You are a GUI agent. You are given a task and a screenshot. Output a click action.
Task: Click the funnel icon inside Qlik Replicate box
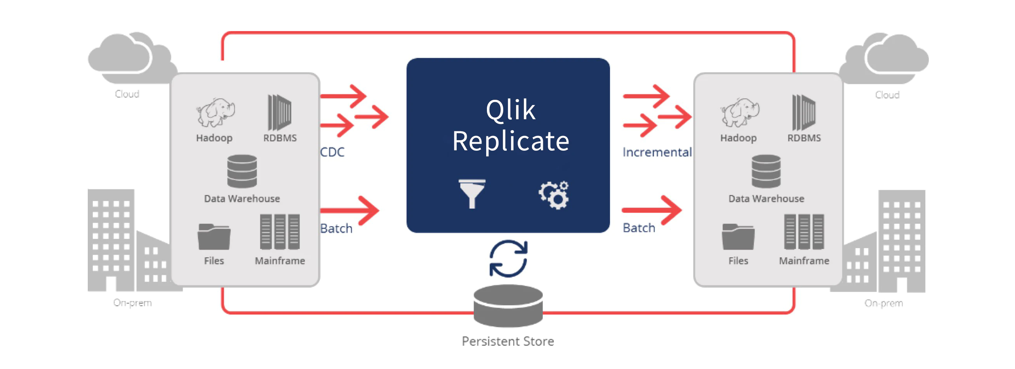click(x=472, y=193)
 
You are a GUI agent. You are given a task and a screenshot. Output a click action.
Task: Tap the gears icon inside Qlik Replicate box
click(x=554, y=195)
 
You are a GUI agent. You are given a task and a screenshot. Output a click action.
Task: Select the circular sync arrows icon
click(x=508, y=259)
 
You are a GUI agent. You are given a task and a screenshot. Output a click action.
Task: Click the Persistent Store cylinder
click(x=508, y=306)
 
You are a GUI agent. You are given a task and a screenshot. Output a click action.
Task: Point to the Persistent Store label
click(x=508, y=341)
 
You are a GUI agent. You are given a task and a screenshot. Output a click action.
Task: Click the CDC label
click(x=332, y=152)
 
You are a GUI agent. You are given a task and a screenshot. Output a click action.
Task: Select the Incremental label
click(x=657, y=152)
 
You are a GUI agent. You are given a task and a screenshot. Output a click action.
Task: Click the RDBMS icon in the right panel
click(x=804, y=112)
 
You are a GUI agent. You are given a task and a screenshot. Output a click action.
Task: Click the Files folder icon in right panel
click(x=738, y=237)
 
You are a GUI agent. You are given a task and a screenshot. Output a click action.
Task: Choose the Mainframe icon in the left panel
click(x=280, y=232)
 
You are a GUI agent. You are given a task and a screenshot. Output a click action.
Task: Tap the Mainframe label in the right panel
click(x=804, y=261)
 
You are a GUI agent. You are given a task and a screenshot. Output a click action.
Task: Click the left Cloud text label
click(x=127, y=94)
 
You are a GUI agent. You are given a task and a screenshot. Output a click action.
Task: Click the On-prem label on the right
click(x=884, y=303)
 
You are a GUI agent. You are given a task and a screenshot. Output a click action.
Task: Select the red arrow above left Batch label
click(x=350, y=211)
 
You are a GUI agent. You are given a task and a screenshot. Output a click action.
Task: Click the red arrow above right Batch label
click(x=652, y=210)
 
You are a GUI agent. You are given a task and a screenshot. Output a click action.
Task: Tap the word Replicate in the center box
click(x=511, y=141)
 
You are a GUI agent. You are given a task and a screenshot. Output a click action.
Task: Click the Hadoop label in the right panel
click(x=739, y=138)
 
